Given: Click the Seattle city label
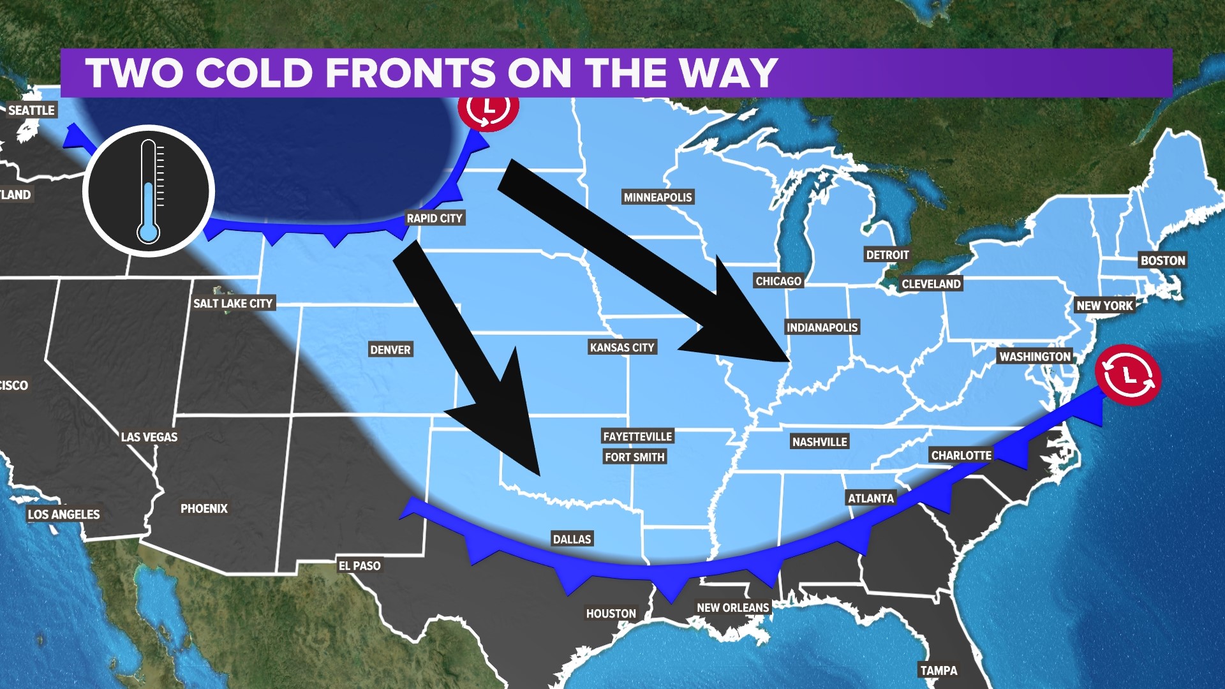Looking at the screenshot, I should [31, 110].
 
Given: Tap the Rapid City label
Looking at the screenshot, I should [434, 218].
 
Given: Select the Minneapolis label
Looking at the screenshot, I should [658, 197].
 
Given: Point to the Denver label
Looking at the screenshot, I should [390, 350].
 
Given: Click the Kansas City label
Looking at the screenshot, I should [622, 347].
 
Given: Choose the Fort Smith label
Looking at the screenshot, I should [635, 457].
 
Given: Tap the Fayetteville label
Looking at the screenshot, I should [637, 436].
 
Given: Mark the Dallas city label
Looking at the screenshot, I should [572, 539].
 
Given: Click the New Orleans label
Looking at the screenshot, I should [732, 607].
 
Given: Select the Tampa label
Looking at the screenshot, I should [938, 670].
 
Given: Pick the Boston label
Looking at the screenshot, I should [1162, 260].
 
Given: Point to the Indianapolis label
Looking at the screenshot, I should [822, 327].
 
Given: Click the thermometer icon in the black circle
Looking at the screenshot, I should [149, 191].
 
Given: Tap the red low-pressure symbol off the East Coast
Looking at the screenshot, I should [1128, 375].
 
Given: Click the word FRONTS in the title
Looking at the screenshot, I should [411, 73].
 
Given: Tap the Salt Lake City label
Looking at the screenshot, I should [233, 303].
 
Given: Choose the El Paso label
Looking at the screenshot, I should [359, 565].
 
